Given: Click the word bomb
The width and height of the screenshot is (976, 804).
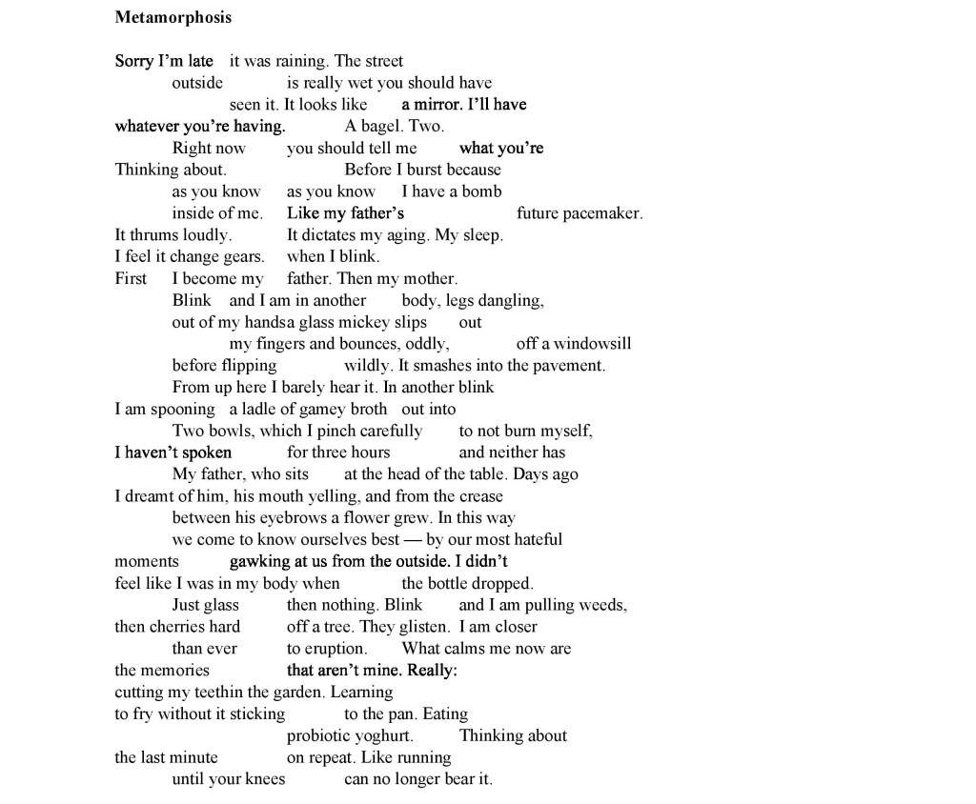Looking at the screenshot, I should [482, 191].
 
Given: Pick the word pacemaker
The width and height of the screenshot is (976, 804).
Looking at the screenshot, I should [602, 213].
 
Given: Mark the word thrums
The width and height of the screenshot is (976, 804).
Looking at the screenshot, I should [152, 235].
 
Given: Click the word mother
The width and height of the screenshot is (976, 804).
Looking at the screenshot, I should [430, 279].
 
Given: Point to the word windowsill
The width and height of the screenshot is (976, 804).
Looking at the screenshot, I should [592, 344].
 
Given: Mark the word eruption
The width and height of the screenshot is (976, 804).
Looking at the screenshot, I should [335, 649].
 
